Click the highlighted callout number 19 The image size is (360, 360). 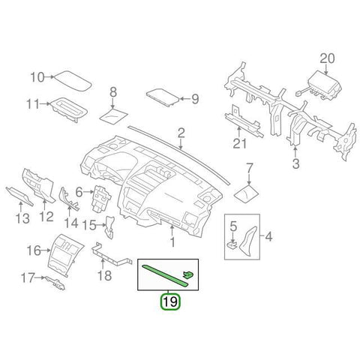tap(170, 301)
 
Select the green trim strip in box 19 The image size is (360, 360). tap(165, 276)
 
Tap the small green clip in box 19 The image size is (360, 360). tap(188, 274)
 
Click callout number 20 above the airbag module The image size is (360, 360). tap(327, 59)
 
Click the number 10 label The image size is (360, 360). tap(37, 77)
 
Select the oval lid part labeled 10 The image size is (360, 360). tap(73, 81)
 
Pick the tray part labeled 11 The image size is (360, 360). tap(70, 109)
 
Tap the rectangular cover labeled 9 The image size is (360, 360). tap(163, 97)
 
